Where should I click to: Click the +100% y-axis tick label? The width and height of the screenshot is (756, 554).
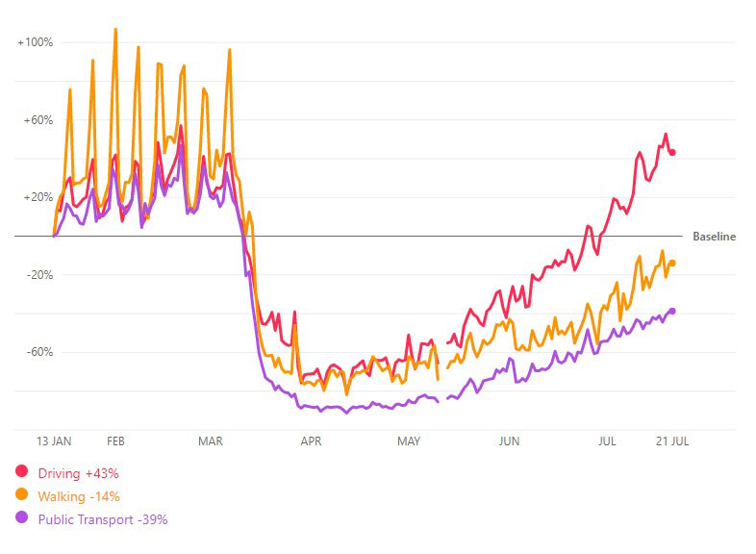tap(35, 42)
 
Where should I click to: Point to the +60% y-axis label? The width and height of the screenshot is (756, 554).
tap(38, 120)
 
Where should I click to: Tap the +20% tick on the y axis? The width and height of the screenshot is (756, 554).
tap(38, 197)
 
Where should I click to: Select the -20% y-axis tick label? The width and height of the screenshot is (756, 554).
tap(38, 275)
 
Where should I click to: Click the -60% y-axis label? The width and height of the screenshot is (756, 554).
tap(38, 352)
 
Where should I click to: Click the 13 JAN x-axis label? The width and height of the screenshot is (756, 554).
tap(54, 441)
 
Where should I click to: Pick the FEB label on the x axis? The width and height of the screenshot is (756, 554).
tap(115, 441)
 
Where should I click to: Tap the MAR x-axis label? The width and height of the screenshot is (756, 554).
tap(210, 441)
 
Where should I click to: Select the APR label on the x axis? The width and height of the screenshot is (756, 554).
tap(311, 441)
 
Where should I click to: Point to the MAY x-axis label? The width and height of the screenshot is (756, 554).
tap(409, 441)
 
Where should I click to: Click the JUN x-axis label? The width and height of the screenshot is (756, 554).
tap(509, 441)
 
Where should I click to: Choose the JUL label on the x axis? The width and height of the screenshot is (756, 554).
tap(607, 441)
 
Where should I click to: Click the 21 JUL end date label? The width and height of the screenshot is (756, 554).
tap(671, 441)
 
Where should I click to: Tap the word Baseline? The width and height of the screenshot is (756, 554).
tap(714, 237)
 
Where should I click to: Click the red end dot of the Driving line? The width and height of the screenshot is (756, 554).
tap(672, 152)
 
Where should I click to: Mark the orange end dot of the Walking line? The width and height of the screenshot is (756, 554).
tap(672, 263)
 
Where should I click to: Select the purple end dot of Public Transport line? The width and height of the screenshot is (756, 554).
tap(672, 311)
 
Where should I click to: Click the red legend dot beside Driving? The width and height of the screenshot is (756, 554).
tap(20, 472)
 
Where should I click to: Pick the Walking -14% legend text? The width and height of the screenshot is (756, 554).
tap(79, 496)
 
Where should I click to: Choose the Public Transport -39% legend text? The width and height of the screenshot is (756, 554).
tap(103, 519)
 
